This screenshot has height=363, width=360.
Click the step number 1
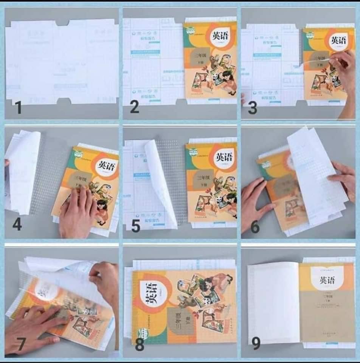click(x=18, y=108)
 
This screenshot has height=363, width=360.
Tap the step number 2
click(x=134, y=108)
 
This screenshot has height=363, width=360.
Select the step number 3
click(x=252, y=108)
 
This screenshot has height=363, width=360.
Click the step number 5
click(x=135, y=226)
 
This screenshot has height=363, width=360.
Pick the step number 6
click(x=255, y=227)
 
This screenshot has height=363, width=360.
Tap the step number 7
click(x=21, y=344)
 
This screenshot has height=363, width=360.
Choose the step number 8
click(x=140, y=344)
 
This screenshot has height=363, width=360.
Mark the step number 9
click(x=256, y=344)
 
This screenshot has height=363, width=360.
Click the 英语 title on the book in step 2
click(x=220, y=36)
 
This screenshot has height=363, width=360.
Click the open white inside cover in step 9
click(x=273, y=302)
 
